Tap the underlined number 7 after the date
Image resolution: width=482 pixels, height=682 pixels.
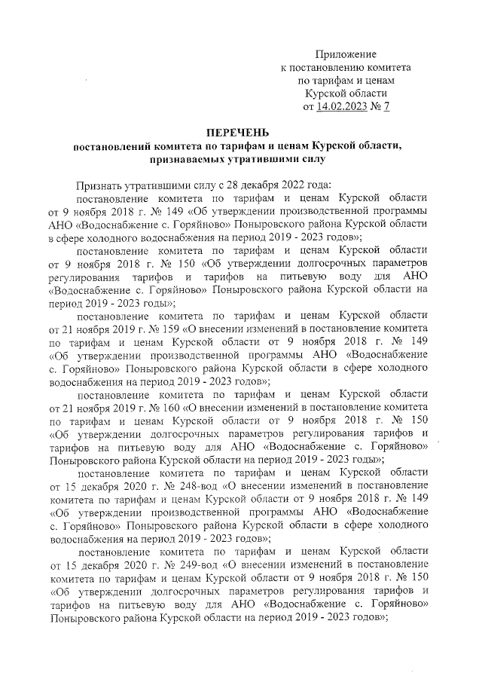(x=386, y=107)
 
